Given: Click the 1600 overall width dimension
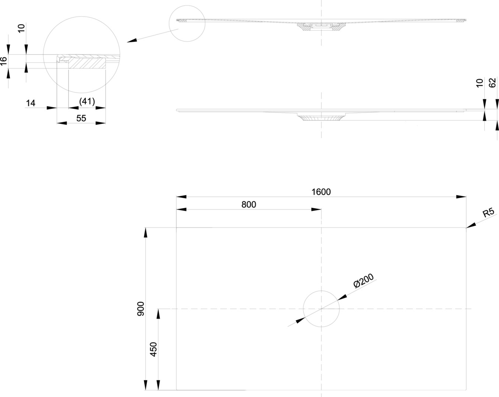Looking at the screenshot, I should [321, 192].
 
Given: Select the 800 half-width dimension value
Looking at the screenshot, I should [249, 204].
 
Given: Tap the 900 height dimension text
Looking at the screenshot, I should [141, 309].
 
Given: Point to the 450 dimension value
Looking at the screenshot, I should [154, 349].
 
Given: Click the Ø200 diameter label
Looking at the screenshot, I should [363, 280].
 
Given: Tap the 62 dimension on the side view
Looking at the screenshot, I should [493, 83].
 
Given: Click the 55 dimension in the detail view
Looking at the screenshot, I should [81, 118].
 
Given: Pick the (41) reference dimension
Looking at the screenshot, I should [87, 101].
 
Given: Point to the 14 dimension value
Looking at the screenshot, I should [31, 103].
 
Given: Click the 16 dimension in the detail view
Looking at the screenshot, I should [4, 61].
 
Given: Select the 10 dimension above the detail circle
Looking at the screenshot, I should [21, 28].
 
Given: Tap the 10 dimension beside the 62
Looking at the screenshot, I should [479, 83].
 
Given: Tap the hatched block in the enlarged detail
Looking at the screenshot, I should [87, 63].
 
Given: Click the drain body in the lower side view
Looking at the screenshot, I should [321, 118].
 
